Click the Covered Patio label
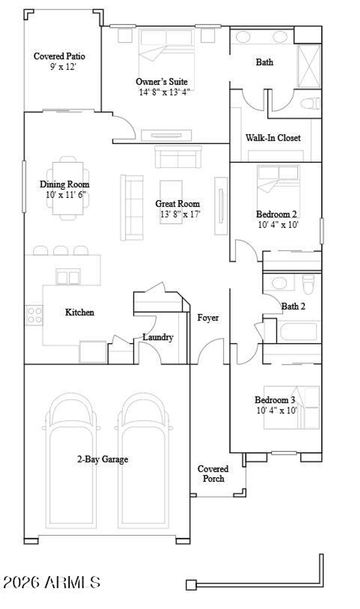click(59, 56)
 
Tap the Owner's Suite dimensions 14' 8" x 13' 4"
click(165, 93)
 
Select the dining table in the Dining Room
click(68, 188)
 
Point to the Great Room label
click(178, 204)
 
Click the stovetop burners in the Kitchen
click(34, 315)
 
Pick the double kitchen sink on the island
click(68, 277)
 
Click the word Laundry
click(158, 337)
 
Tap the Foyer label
click(208, 318)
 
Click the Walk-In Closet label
click(273, 138)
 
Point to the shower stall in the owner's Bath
click(309, 66)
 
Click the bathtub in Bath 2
click(298, 331)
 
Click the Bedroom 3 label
click(275, 400)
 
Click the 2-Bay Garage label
click(103, 459)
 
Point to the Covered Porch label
click(213, 474)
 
